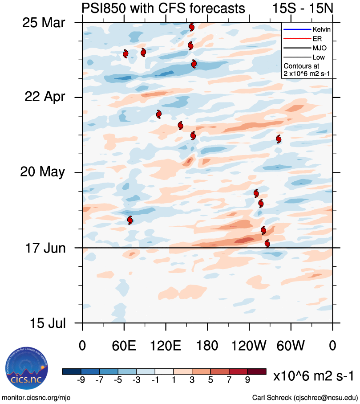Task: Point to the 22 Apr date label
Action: [43, 97]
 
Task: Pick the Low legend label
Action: [319, 57]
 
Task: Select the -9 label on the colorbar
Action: [81, 380]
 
